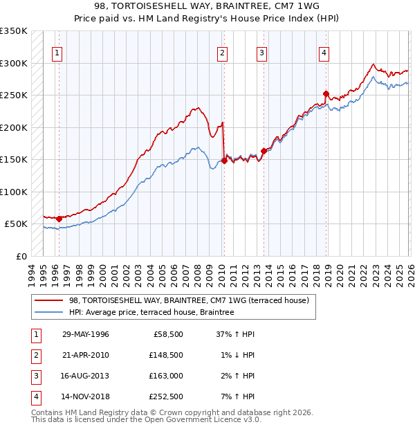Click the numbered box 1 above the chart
click(x=57, y=53)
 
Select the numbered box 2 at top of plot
click(x=222, y=53)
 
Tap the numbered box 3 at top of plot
click(x=262, y=53)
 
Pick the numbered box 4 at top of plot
click(x=324, y=53)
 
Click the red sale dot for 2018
click(x=326, y=93)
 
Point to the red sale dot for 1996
click(x=59, y=219)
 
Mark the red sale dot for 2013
click(x=264, y=151)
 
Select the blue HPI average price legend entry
click(x=151, y=313)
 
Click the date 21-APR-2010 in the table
click(x=85, y=354)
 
